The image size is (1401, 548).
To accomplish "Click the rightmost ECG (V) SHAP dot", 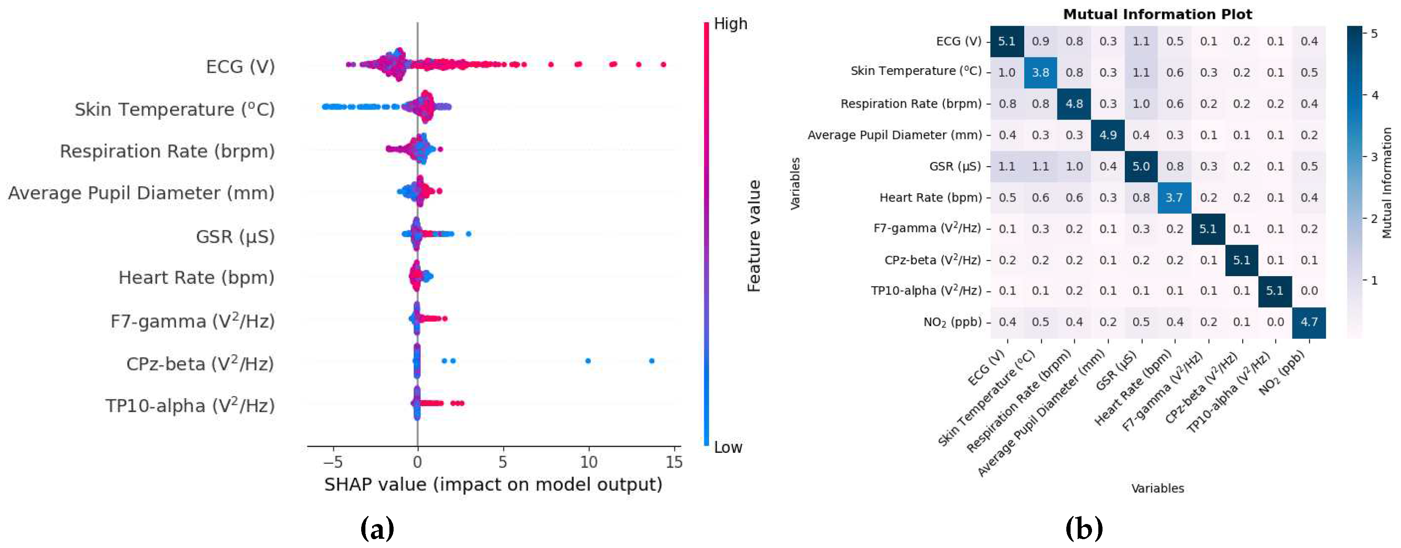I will click(663, 65).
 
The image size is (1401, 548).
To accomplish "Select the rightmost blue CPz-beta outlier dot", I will click(652, 361).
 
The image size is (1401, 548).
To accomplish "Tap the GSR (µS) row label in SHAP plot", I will click(235, 237).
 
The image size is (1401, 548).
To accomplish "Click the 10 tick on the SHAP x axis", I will click(589, 463).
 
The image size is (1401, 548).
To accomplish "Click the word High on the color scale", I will click(730, 24).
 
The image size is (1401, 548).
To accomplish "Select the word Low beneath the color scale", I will click(728, 447).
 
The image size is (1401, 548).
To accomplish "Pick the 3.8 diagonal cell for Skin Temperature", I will click(1040, 73).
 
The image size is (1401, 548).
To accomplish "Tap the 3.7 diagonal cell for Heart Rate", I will click(1174, 197).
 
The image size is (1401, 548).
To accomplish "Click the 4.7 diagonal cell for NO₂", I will click(1308, 322).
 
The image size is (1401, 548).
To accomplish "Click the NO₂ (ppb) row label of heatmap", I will click(952, 322).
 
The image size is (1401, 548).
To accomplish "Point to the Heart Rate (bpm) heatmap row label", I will click(930, 197).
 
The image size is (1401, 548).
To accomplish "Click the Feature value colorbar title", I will click(754, 236).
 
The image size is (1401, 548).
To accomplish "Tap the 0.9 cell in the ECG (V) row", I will click(1040, 41).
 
